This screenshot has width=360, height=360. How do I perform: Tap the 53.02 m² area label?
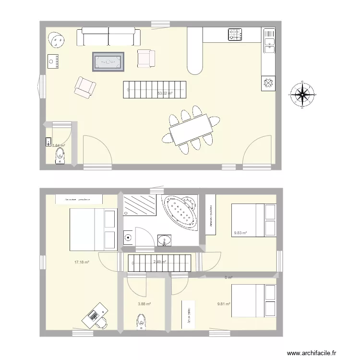pyautogui.click(x=165, y=94)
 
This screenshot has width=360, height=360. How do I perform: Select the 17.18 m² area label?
pyautogui.click(x=82, y=262)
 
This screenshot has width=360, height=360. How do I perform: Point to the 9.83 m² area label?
pyautogui.click(x=240, y=233)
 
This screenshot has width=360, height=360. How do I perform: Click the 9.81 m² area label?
pyautogui.click(x=224, y=303)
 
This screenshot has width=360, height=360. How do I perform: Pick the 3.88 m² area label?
pyautogui.click(x=144, y=304)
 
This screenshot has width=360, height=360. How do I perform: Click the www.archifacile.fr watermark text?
pyautogui.click(x=312, y=353)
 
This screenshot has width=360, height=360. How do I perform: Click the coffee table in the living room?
pyautogui.click(x=108, y=61)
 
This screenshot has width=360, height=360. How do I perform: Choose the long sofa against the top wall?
pyautogui.click(x=110, y=36)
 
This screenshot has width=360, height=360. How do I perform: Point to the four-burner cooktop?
pyautogui.click(x=235, y=34)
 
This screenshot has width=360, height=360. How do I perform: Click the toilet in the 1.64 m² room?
pyautogui.click(x=60, y=156)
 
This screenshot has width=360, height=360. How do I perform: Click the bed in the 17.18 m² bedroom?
pyautogui.click(x=93, y=229)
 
